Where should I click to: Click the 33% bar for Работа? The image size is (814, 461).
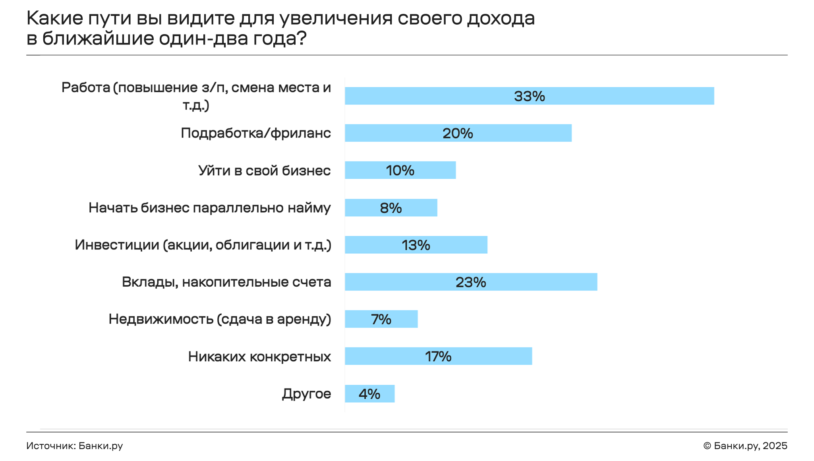point(529,96)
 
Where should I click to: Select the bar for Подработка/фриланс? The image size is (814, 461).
point(458,133)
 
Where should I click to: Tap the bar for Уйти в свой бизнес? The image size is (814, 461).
point(400,170)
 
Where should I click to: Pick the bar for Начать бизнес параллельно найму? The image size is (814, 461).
point(391,207)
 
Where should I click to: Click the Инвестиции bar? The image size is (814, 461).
point(416,245)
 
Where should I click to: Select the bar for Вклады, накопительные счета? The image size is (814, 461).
point(471,282)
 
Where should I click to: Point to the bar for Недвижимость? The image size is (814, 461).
point(381,319)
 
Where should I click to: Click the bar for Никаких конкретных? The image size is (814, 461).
point(438,356)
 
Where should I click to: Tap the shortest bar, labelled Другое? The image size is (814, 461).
point(369,393)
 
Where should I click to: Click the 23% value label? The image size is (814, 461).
point(471,282)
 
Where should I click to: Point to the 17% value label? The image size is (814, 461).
point(438,357)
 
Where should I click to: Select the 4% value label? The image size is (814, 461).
point(369,394)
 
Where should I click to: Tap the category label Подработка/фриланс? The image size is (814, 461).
point(256,133)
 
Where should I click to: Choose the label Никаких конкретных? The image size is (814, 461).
point(259,357)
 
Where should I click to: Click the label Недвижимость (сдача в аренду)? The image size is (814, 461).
point(220,319)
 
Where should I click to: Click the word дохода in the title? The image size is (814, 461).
point(501,19)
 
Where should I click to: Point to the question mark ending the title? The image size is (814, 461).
point(302,39)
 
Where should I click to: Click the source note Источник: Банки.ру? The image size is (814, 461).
point(75,446)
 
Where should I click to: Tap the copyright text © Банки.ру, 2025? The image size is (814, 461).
point(745,446)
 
